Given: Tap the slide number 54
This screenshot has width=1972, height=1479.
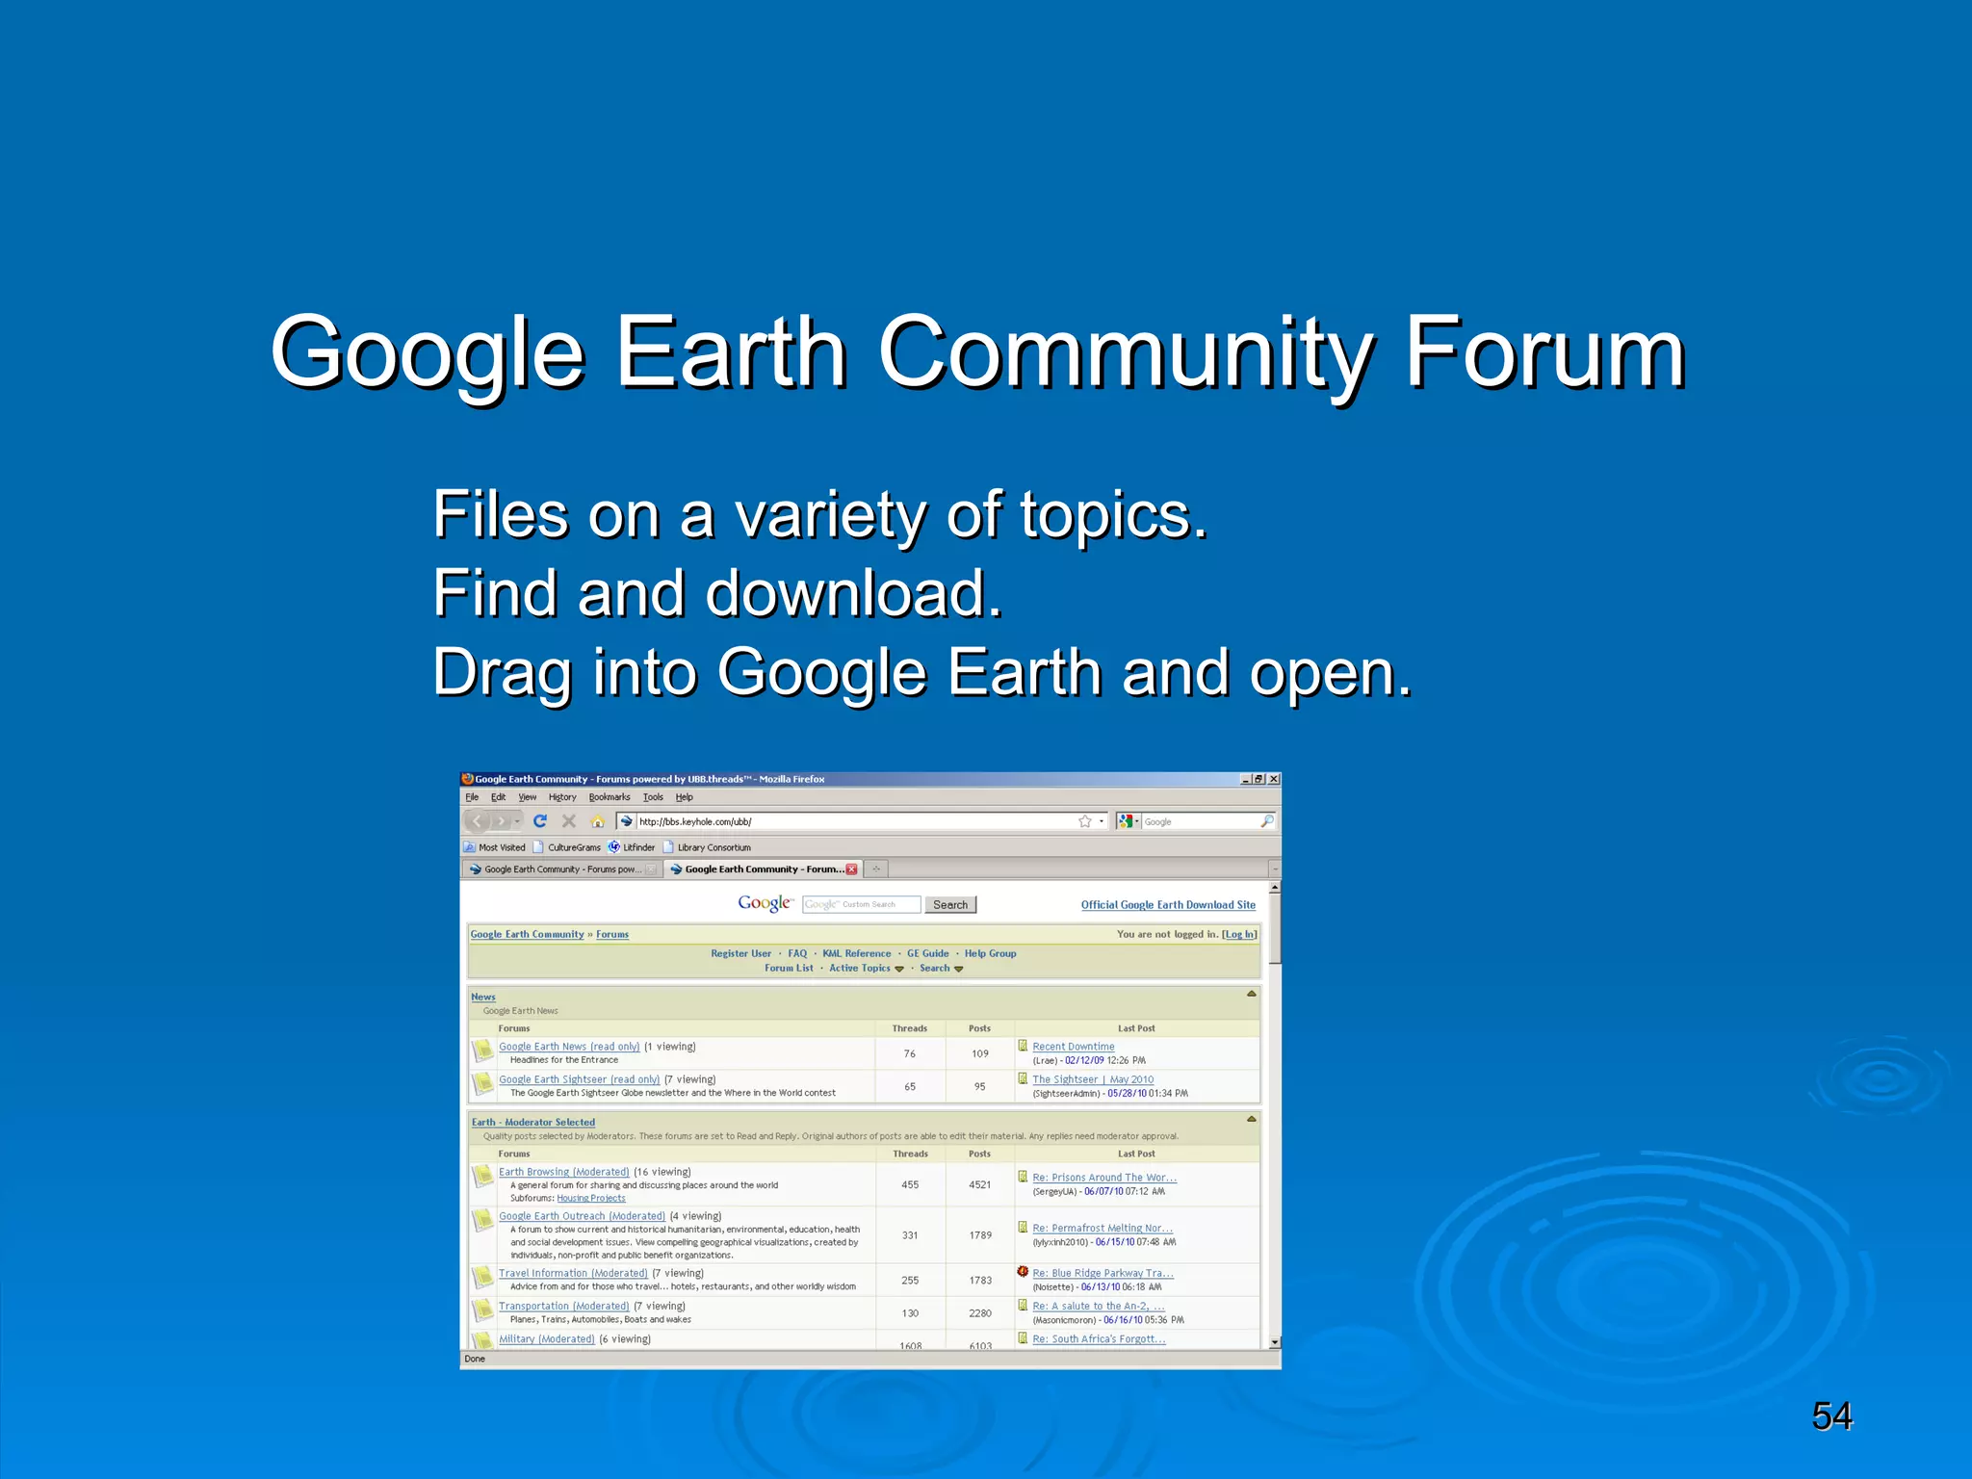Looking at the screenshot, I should point(1831,1416).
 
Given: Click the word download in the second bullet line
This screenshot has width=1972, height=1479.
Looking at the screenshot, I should point(854,593).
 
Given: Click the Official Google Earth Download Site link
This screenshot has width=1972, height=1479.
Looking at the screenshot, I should point(1168,905).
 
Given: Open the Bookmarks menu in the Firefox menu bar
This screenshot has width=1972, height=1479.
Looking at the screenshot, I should point(610,797).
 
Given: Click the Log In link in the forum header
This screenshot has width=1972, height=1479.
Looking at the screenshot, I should point(1239,934).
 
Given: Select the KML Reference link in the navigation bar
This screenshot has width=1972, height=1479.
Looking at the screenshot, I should point(856,953).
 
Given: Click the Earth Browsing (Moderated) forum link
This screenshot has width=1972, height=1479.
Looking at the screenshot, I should point(563,1172).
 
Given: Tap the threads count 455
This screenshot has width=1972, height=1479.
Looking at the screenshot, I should point(910,1185).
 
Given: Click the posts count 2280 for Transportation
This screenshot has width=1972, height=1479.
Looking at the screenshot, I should point(980,1313).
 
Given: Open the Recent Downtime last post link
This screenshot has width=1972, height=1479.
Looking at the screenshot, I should point(1073,1047).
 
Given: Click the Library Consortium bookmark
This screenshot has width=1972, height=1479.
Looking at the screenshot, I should point(714,847).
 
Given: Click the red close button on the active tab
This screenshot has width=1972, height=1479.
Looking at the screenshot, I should point(851,869).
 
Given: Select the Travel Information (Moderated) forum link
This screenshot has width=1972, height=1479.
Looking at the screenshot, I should point(573,1273).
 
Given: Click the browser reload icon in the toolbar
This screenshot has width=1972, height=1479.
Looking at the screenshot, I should point(540,821).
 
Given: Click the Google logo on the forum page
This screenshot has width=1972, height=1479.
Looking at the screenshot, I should point(765,903).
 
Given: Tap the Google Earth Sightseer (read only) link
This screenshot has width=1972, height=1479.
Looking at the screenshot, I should point(579,1079).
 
